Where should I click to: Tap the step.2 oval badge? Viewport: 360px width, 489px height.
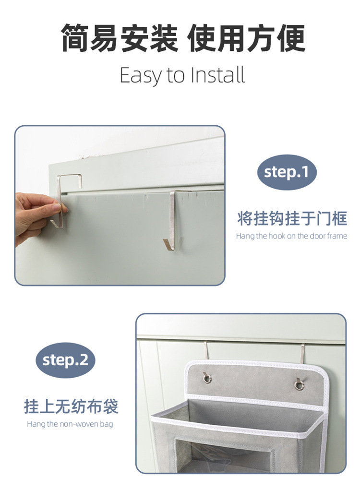65,360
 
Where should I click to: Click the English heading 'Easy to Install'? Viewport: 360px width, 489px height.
182,75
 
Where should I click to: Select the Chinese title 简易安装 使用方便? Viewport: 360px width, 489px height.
182,38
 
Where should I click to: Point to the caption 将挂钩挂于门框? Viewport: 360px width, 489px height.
292,218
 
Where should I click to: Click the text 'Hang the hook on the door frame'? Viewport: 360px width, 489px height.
291,236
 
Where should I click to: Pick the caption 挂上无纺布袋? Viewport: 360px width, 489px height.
71,407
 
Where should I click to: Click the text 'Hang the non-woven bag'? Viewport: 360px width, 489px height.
70,424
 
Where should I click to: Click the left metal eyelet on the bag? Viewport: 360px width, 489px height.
207,378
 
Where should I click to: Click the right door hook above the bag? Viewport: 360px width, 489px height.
303,353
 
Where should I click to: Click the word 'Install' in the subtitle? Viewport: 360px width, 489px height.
218,75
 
